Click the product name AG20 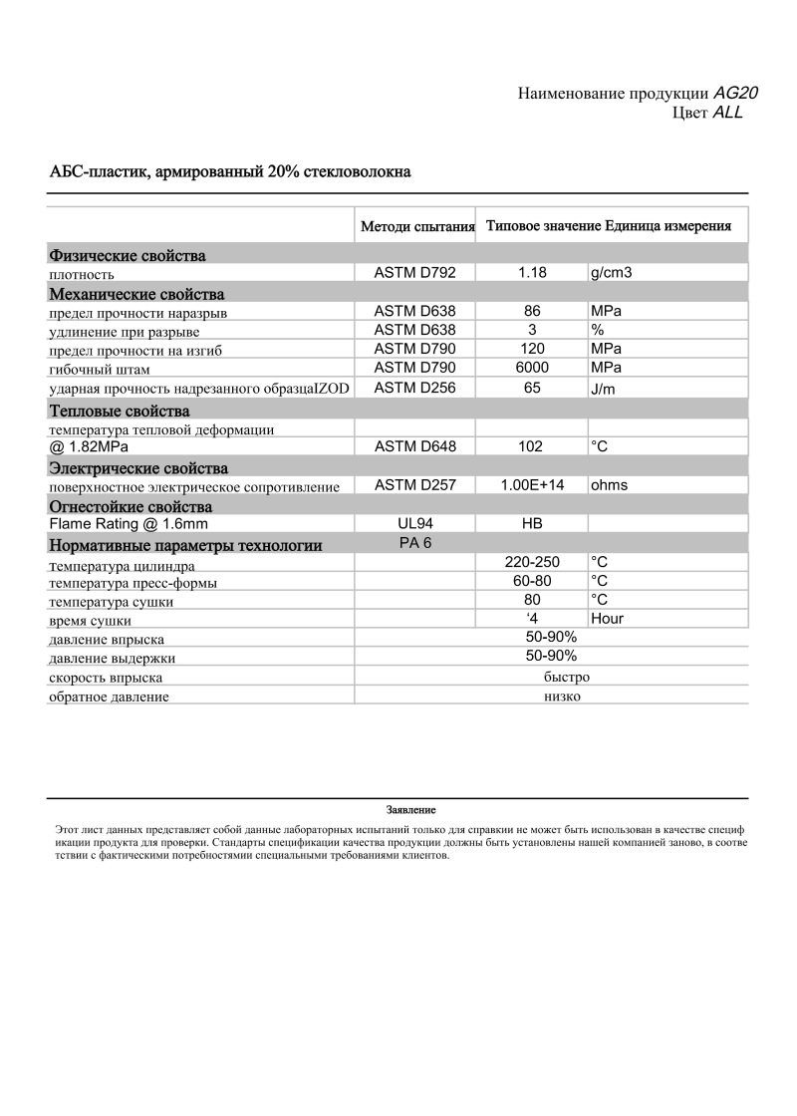pyautogui.click(x=736, y=93)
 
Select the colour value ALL pyautogui.click(x=728, y=113)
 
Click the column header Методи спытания pyautogui.click(x=416, y=226)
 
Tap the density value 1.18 pyautogui.click(x=532, y=272)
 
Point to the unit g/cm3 pyautogui.click(x=611, y=272)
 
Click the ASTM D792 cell pyautogui.click(x=414, y=272)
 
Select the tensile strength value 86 pyautogui.click(x=532, y=311)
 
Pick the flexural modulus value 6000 pyautogui.click(x=532, y=368)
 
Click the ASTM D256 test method pyautogui.click(x=414, y=388)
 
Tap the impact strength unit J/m pyautogui.click(x=603, y=389)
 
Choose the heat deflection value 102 pyautogui.click(x=531, y=446)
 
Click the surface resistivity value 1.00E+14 pyautogui.click(x=532, y=485)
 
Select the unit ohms pyautogui.click(x=609, y=485)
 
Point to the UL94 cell pyautogui.click(x=415, y=523)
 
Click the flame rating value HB pyautogui.click(x=532, y=523)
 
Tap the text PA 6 pyautogui.click(x=414, y=542)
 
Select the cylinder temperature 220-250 pyautogui.click(x=532, y=562)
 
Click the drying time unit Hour pyautogui.click(x=607, y=619)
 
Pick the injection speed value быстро pyautogui.click(x=567, y=677)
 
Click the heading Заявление pyautogui.click(x=410, y=809)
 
